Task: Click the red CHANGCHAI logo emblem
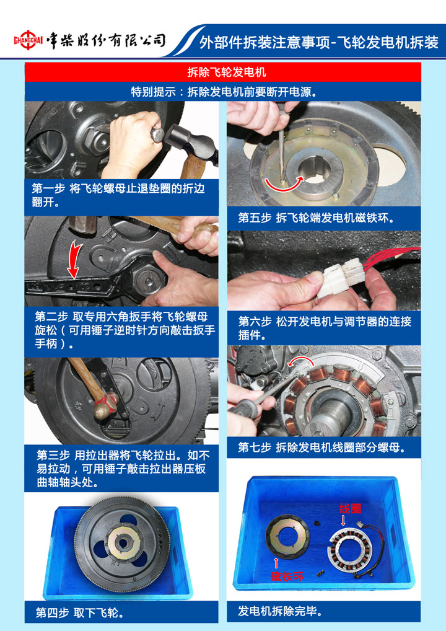(28, 40)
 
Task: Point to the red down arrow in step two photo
(75, 260)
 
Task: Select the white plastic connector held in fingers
(341, 277)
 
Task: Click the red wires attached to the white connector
(391, 258)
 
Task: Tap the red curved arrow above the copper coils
(300, 360)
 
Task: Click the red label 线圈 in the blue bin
(350, 509)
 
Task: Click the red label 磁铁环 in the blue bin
(287, 576)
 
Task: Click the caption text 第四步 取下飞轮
(80, 612)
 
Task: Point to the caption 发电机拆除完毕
(281, 611)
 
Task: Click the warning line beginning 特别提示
(224, 92)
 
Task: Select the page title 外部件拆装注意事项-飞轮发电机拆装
(319, 42)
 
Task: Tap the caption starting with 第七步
(321, 447)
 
